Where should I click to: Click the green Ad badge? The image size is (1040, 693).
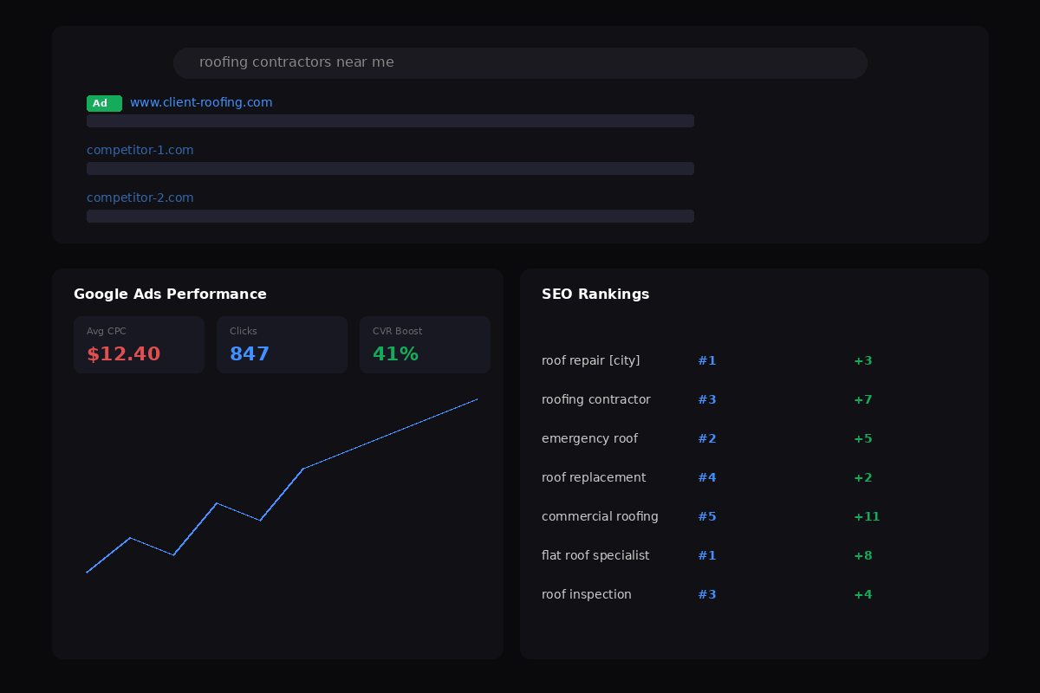(104, 103)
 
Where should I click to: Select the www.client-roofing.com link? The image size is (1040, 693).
(201, 102)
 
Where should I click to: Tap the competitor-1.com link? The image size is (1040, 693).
(140, 151)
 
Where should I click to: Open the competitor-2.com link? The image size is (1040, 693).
(140, 198)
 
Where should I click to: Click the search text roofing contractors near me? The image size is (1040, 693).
(296, 62)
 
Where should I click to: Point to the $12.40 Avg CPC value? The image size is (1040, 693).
(123, 353)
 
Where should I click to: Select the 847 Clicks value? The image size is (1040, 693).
(250, 353)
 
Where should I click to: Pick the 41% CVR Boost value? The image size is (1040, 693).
(395, 353)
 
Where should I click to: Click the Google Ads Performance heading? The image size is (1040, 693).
(170, 295)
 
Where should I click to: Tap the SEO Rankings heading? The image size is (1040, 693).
(595, 295)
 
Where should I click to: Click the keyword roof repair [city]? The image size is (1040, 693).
(590, 360)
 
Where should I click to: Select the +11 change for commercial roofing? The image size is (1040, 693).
(867, 516)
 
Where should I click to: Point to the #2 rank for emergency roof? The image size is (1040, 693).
(707, 438)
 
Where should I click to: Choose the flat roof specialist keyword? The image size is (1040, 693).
(595, 555)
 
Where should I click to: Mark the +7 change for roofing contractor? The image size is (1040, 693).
(863, 399)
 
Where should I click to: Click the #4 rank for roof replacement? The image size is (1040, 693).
(707, 477)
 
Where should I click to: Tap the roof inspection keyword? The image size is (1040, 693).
(587, 594)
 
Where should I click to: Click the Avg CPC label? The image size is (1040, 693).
(107, 331)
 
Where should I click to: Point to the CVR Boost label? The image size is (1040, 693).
(398, 331)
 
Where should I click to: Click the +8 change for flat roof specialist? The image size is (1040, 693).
(863, 555)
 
